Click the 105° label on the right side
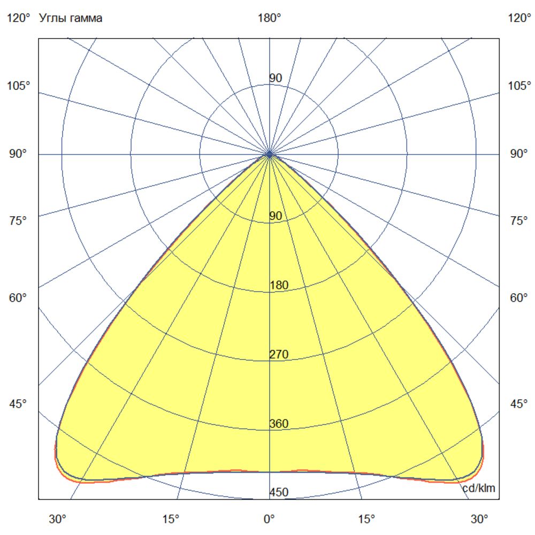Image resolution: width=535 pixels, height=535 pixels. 519,86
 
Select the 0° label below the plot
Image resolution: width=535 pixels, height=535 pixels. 269,519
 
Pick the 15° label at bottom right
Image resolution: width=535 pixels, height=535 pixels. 366,519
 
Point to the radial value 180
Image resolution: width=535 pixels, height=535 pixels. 279,285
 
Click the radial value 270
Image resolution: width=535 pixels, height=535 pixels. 279,355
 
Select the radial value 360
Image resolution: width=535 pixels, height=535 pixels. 279,424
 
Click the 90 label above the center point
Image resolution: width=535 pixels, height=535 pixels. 276,79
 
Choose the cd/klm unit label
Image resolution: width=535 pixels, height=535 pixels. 479,487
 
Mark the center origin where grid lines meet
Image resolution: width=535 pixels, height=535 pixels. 270,154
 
